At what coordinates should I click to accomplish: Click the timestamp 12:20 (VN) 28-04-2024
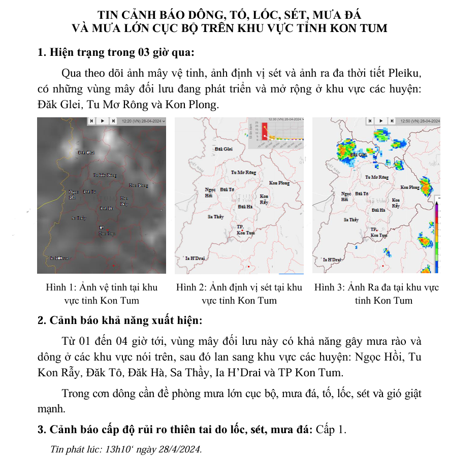click(142, 121)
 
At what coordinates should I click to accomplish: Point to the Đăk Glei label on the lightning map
click(223, 149)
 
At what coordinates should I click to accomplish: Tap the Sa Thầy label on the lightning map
click(216, 217)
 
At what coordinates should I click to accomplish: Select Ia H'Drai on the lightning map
click(195, 258)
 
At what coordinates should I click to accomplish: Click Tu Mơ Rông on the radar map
click(377, 177)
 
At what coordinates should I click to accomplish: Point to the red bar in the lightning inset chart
click(264, 131)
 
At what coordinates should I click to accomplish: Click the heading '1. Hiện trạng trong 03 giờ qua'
click(116, 52)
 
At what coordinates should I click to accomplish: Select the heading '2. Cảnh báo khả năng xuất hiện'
click(120, 321)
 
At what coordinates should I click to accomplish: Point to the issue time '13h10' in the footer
click(117, 449)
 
